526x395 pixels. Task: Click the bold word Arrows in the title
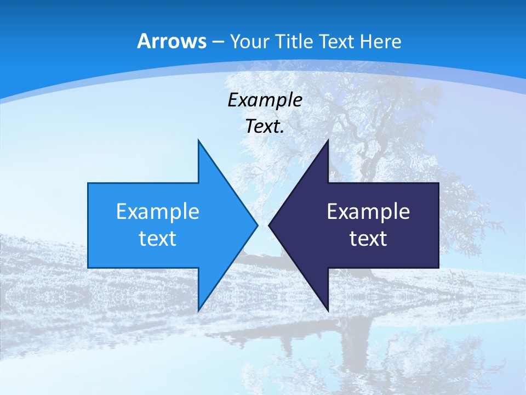[171, 41]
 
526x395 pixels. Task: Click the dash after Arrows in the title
[218, 42]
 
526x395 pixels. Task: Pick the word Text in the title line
[336, 41]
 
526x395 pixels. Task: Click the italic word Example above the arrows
[265, 100]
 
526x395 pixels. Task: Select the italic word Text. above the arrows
[265, 127]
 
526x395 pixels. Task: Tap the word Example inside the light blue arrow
[158, 212]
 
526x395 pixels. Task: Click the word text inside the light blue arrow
[158, 239]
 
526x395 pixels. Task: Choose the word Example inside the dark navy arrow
[368, 212]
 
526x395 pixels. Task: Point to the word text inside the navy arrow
[368, 239]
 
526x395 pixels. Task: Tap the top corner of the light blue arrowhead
[199, 141]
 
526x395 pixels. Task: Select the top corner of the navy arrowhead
[327, 141]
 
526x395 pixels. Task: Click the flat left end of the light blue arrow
[89, 225]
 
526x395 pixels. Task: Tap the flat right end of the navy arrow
[438, 225]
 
